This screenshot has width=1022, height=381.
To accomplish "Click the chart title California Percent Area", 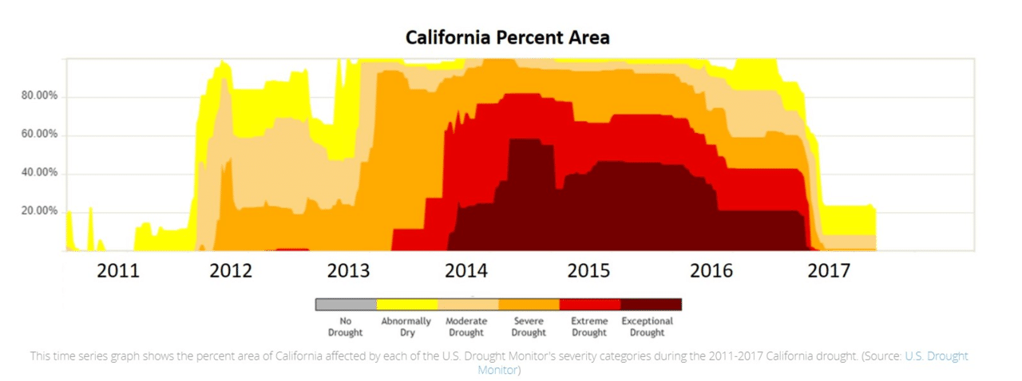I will [x=507, y=37].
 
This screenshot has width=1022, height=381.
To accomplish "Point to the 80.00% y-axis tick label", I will [x=38, y=96].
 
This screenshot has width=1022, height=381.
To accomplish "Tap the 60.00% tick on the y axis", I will [x=38, y=135].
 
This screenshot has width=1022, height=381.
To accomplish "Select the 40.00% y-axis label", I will [x=38, y=173].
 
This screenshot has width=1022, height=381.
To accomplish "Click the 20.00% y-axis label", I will [x=38, y=211].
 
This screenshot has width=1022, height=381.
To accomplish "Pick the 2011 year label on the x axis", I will [x=118, y=271].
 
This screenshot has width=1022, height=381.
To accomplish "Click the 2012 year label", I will [x=231, y=271].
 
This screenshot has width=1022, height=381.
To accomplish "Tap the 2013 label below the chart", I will [x=349, y=271].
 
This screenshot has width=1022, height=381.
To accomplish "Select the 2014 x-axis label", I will [x=466, y=271].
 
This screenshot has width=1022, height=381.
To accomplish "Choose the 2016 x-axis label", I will [x=711, y=271].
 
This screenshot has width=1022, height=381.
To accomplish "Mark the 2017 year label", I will [x=829, y=271].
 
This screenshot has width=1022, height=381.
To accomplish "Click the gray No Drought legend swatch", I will [x=346, y=304].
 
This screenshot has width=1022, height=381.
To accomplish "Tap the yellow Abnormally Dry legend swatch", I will [x=406, y=304].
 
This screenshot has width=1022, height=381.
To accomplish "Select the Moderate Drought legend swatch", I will [x=468, y=304].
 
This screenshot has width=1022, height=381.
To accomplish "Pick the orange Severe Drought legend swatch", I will [x=529, y=304].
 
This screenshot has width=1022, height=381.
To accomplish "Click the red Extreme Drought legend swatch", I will [x=590, y=304].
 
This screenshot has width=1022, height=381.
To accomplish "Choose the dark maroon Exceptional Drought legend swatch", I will [x=651, y=304].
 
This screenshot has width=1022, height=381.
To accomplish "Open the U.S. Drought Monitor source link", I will [x=936, y=356].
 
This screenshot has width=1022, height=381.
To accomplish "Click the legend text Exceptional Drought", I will [x=648, y=327].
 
